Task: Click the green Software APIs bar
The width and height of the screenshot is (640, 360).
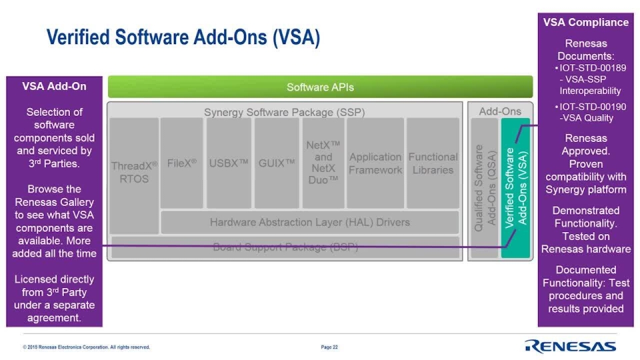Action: point(320,87)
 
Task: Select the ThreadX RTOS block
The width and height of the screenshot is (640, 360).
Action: point(135,173)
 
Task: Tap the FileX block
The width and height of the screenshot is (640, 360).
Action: point(182,163)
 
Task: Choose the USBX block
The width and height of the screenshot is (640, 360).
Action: point(229,163)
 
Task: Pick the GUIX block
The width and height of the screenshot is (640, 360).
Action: point(277,163)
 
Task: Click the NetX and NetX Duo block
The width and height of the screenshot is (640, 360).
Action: point(323,163)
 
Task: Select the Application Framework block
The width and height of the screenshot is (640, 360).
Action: point(375,163)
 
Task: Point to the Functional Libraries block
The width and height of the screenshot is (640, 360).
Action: point(433,163)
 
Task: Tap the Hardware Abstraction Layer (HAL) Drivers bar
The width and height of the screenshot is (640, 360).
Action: point(309,222)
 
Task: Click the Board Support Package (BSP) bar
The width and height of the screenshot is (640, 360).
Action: point(285,247)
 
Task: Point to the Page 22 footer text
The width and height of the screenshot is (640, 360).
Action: point(329,347)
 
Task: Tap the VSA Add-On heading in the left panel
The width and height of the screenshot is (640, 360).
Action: point(54,86)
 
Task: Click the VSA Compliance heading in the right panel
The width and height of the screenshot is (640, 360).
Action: point(585,22)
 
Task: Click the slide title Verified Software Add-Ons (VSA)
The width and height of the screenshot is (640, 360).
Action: point(183,37)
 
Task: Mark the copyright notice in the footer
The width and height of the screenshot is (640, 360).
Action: point(86,347)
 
